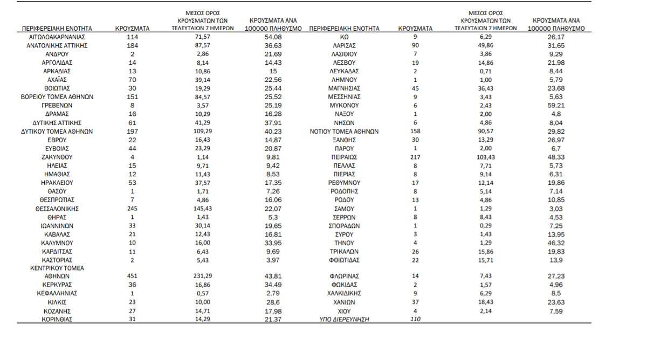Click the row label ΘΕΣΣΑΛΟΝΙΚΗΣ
(x=57, y=209)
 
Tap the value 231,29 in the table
(x=202, y=276)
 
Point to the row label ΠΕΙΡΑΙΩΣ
(x=344, y=157)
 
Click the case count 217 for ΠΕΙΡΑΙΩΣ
(x=415, y=157)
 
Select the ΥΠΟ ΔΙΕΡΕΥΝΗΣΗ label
(x=344, y=319)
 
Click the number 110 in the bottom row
(x=415, y=319)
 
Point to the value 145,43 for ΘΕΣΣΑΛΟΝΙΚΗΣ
(x=202, y=209)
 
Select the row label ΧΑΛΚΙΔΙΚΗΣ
(x=344, y=293)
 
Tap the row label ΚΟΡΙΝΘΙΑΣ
(x=57, y=319)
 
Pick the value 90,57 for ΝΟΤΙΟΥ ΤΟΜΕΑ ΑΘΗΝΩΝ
(x=486, y=131)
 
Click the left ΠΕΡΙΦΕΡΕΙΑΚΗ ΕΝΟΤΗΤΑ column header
(x=57, y=28)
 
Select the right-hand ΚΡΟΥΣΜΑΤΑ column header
(x=415, y=28)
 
